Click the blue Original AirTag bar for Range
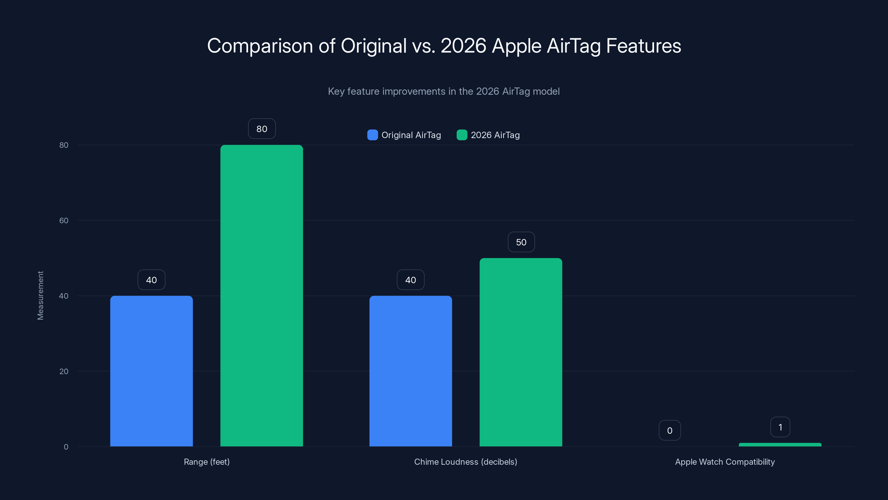coord(151,371)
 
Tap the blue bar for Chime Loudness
coord(411,371)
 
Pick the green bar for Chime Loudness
coord(521,352)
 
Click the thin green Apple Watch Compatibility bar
coord(780,445)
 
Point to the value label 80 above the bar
coord(262,129)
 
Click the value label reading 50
coord(521,242)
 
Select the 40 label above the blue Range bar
coord(151,280)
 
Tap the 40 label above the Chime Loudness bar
coord(411,280)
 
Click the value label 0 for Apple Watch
coord(669,430)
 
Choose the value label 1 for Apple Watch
coord(780,427)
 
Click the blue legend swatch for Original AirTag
coord(372,135)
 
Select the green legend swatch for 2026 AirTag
coord(461,135)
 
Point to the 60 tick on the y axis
coord(64,221)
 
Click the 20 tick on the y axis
coord(64,371)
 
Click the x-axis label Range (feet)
coord(206,462)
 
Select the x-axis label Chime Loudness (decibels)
coord(465,462)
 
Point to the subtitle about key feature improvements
coord(444,91)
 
